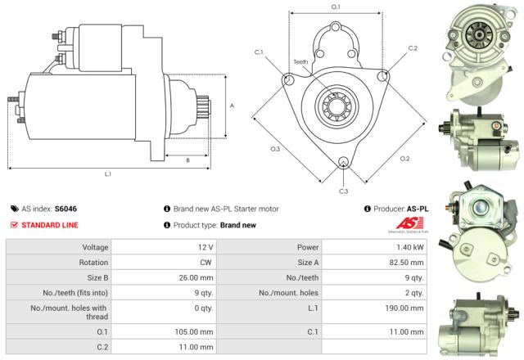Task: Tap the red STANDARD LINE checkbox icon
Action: tap(13, 224)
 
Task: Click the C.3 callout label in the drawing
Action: tap(343, 191)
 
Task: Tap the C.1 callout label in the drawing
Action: tap(259, 52)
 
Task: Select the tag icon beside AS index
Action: tap(15, 209)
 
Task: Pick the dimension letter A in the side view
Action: tap(233, 106)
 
